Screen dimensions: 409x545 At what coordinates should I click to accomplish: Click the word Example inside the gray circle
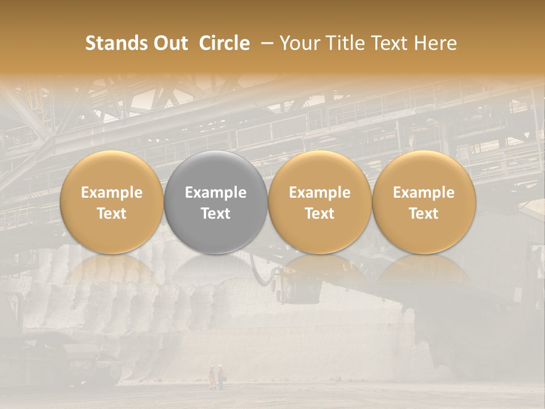tap(216, 193)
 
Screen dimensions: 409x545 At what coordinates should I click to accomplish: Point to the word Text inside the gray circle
tap(216, 214)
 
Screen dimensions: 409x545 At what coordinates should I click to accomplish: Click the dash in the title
tap(265, 43)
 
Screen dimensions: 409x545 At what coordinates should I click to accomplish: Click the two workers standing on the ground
tap(216, 377)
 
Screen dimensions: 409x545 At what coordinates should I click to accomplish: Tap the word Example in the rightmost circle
tap(424, 193)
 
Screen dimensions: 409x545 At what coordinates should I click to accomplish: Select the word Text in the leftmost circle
tap(111, 214)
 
